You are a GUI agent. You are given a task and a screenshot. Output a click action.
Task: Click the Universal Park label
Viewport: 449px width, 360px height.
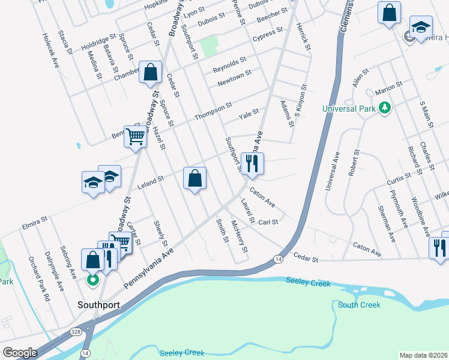coord(348,109)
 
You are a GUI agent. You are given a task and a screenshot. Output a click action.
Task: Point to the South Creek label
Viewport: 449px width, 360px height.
coord(358,305)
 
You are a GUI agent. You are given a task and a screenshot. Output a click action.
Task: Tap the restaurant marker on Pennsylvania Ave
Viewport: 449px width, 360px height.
coord(252,163)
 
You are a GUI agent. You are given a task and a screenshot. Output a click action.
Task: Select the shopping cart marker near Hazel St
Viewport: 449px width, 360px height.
coord(135,137)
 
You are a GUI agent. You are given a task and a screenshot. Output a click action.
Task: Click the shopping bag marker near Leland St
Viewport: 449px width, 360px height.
coord(194,178)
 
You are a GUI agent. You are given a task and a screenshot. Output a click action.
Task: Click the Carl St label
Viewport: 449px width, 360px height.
coord(268,222)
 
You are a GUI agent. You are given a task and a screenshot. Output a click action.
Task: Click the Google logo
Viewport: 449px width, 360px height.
coord(20,352)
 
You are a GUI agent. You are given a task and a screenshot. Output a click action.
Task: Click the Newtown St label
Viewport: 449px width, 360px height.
coord(234,77)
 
